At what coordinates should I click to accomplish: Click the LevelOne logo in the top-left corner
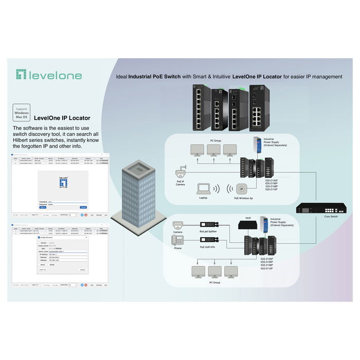pos(48,75)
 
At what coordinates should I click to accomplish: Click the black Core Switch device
pos(320,208)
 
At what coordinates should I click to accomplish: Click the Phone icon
pos(177,240)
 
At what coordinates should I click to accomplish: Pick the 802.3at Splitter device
pos(209,225)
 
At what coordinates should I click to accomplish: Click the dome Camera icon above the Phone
pos(178,225)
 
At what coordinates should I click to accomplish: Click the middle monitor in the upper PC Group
pos(213,150)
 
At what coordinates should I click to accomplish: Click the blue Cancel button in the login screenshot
pos(83,207)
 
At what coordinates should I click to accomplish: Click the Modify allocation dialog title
pos(47,238)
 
